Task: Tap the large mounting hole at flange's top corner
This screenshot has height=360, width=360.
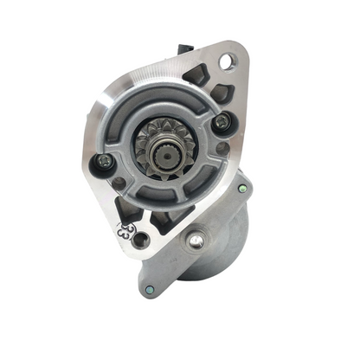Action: click(x=228, y=62)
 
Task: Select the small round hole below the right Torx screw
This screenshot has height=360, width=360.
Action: click(x=224, y=148)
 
